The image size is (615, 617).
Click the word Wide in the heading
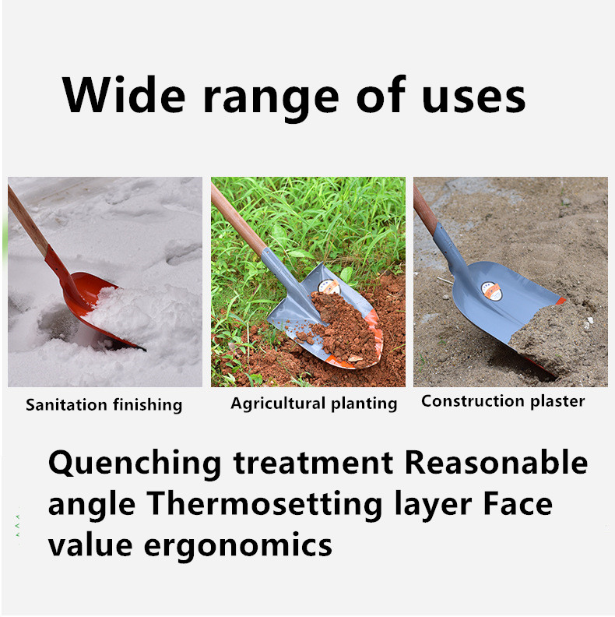click(x=124, y=95)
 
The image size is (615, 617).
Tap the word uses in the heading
click(x=473, y=98)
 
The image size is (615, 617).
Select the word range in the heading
click(x=271, y=100)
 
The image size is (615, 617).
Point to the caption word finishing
click(x=148, y=405)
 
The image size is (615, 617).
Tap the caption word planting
click(x=364, y=404)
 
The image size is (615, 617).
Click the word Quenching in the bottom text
click(x=135, y=464)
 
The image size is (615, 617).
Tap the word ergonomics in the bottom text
click(x=238, y=547)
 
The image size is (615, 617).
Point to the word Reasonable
click(x=496, y=462)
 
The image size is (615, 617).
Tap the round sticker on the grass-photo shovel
click(x=329, y=287)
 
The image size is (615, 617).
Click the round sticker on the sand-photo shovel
click(x=491, y=291)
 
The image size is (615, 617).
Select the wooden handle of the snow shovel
click(x=27, y=221)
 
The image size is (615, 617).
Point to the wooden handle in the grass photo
click(x=238, y=220)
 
